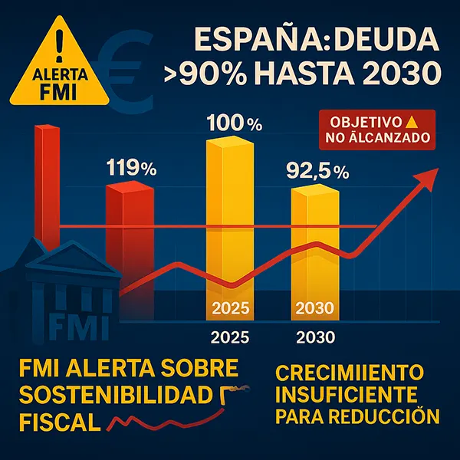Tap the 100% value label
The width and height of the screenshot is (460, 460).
tap(233, 123)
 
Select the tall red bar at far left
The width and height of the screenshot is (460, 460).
tap(47, 184)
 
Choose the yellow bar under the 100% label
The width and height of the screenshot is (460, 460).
tap(232, 222)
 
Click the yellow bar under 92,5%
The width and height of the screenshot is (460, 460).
tap(315, 245)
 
